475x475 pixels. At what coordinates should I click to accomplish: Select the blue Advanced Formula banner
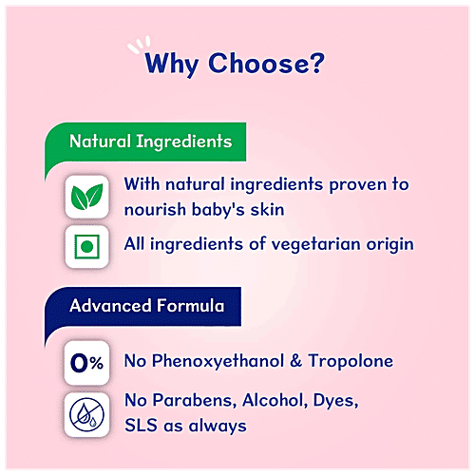click(x=146, y=307)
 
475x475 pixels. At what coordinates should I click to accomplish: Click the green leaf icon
click(x=88, y=196)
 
